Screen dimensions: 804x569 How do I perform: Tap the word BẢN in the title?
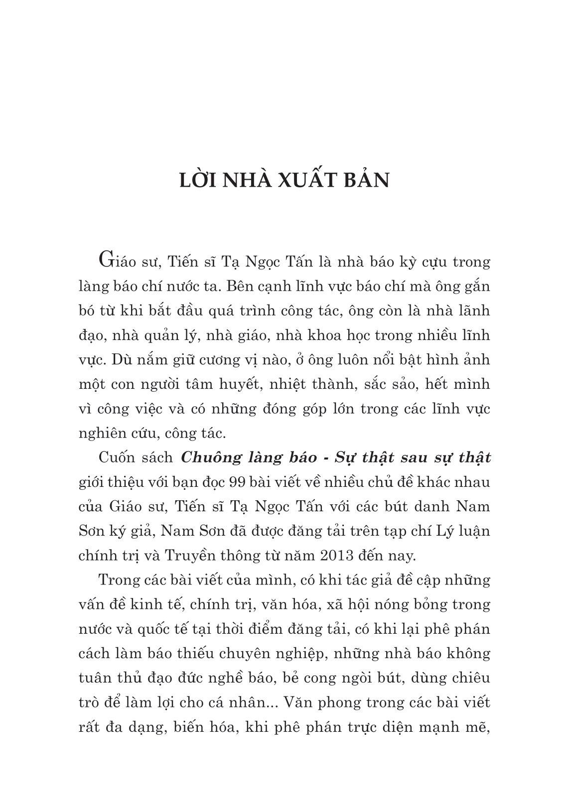pos(367,180)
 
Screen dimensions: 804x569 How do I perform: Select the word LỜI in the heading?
pos(198,180)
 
